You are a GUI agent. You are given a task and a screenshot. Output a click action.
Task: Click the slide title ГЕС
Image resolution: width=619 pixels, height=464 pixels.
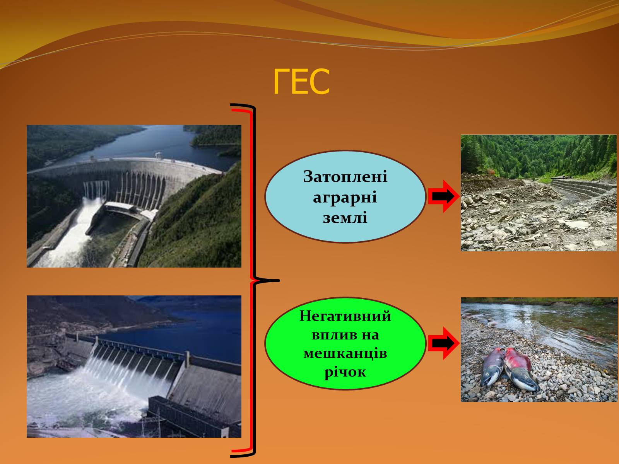pyautogui.click(x=301, y=82)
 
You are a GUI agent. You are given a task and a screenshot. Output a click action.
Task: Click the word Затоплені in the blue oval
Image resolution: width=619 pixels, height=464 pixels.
pyautogui.click(x=345, y=177)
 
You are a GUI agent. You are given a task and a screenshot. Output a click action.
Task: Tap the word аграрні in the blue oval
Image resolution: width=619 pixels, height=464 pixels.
pyautogui.click(x=345, y=197)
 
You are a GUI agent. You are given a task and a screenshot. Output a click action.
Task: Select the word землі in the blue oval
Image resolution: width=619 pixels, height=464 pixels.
pyautogui.click(x=345, y=218)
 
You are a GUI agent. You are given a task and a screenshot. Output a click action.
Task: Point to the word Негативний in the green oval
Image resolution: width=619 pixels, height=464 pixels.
pyautogui.click(x=345, y=316)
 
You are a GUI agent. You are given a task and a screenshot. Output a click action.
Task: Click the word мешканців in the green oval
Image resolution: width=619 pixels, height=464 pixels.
pyautogui.click(x=345, y=353)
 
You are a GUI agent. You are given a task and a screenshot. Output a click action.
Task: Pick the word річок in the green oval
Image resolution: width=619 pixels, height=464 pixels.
pyautogui.click(x=345, y=372)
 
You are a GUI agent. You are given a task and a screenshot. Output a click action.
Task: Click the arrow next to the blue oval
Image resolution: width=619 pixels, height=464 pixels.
pyautogui.click(x=444, y=196)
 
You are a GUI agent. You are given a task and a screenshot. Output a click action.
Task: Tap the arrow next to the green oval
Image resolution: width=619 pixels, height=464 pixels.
pyautogui.click(x=444, y=343)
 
